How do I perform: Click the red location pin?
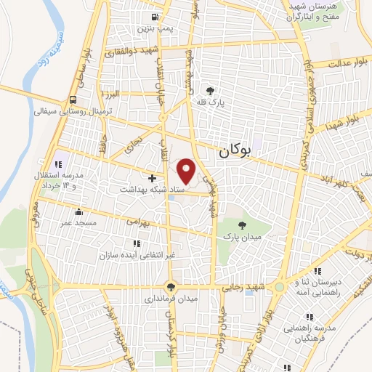coord(187,170)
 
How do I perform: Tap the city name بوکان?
coord(234,151)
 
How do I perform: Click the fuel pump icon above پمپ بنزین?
coord(154,18)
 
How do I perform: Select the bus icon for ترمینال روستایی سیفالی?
coord(73,100)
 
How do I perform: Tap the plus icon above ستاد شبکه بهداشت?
coord(151,178)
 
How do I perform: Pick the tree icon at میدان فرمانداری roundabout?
coord(171,286)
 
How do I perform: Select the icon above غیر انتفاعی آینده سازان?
coord(134,243)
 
